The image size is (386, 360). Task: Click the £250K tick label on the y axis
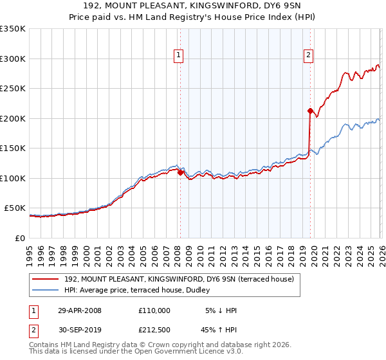(x=13, y=89)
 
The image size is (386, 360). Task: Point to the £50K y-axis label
(x=15, y=208)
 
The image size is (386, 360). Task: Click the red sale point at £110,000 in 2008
(x=180, y=172)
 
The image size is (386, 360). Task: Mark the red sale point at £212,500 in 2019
(x=310, y=111)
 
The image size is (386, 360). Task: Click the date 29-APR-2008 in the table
(x=80, y=310)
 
